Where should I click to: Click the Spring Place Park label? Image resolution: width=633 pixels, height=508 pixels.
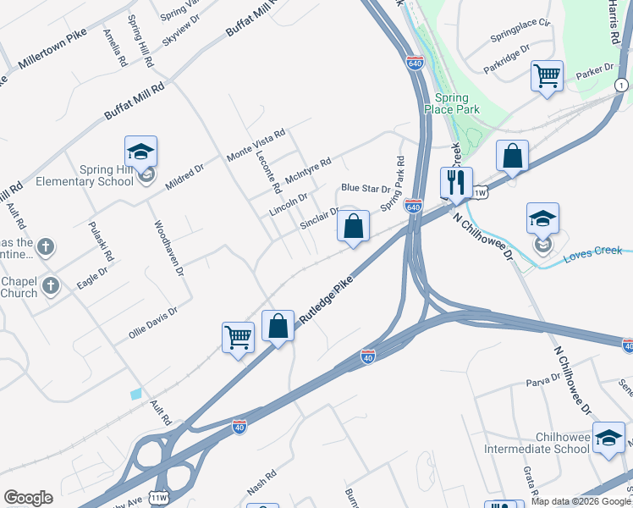coord(457,102)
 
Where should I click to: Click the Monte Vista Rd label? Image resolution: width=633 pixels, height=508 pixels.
coord(256,145)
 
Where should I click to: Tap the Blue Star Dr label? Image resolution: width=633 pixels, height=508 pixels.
coord(365,188)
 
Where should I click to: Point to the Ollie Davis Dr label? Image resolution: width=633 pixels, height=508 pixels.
coord(153,323)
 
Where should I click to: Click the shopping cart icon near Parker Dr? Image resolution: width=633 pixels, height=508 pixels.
coord(547,75)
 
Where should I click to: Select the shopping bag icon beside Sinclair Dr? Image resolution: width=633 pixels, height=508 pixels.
coord(354,226)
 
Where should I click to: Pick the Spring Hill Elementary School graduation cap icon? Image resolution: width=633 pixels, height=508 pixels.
coord(140,152)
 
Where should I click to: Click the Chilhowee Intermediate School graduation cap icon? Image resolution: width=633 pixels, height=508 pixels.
coord(608,437)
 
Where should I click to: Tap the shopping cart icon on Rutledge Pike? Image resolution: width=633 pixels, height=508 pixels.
coord(238,336)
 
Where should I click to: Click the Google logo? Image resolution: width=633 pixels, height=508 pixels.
coord(28,498)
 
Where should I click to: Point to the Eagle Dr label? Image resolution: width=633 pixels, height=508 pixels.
coord(92,279)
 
